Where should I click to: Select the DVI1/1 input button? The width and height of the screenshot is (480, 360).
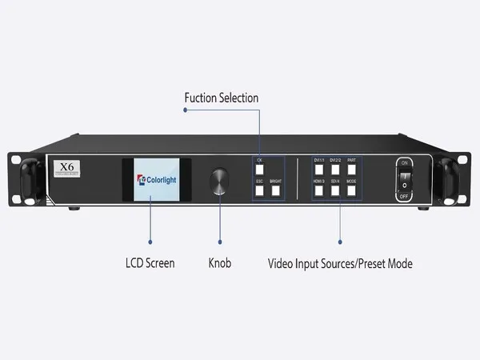318,170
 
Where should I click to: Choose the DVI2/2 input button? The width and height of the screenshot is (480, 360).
335,170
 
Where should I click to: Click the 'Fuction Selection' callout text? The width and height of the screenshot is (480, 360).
222,98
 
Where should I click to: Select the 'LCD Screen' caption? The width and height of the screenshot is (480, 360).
150,262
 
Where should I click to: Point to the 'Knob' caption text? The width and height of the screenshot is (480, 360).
219,262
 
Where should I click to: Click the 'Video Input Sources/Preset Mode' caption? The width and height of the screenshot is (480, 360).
340,262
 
